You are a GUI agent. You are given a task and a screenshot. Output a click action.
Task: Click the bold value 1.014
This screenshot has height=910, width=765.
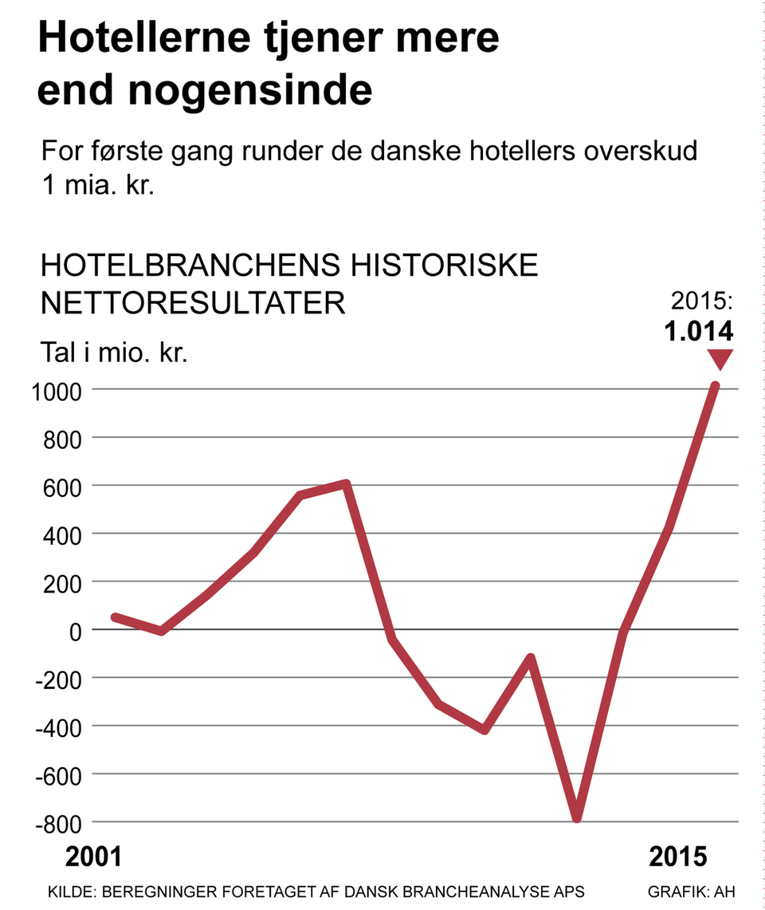click(699, 331)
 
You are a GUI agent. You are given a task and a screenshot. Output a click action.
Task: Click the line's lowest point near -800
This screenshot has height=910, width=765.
click(576, 817)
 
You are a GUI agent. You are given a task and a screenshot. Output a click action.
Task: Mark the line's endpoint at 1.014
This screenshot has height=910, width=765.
click(715, 387)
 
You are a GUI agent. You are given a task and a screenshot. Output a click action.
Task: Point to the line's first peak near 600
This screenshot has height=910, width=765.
click(346, 484)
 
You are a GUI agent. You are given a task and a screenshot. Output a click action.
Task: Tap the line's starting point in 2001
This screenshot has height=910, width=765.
click(116, 617)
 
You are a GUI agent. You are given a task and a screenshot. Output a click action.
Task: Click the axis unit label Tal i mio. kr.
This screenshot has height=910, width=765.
click(113, 353)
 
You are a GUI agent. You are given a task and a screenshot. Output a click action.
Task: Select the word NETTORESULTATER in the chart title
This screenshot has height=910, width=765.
click(192, 303)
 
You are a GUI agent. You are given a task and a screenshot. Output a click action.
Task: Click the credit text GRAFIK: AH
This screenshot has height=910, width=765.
click(692, 891)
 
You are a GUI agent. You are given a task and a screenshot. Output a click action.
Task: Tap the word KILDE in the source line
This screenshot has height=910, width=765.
click(69, 891)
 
